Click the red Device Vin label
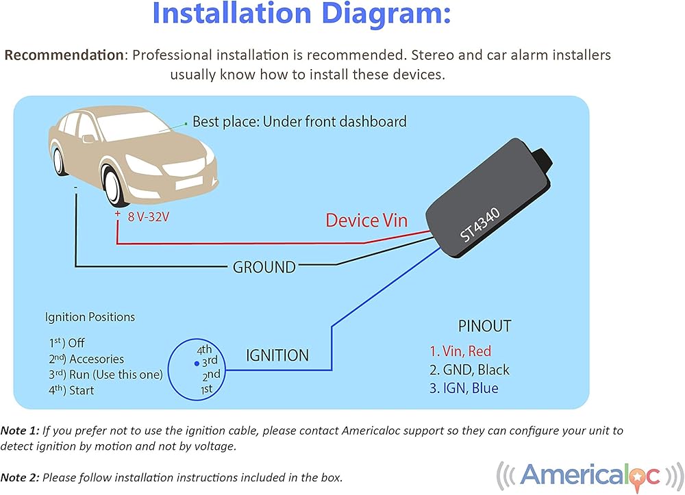[x=366, y=220]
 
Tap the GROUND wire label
[x=264, y=267]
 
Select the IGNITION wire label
[x=277, y=355]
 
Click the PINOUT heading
[x=484, y=327]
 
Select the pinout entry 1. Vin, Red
[x=460, y=351]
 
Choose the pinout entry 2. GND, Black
[x=469, y=370]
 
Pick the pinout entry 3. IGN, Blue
[x=464, y=388]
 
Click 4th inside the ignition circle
[x=204, y=348]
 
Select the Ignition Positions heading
[x=90, y=317]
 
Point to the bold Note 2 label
[x=20, y=477]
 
